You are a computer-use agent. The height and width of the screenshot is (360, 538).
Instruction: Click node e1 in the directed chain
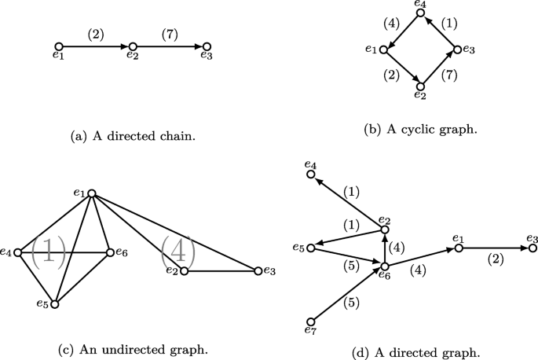[x=59, y=47]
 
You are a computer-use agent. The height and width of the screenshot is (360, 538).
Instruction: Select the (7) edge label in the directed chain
[x=170, y=35]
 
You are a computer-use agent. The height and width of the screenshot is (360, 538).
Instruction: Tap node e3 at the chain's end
[x=207, y=47]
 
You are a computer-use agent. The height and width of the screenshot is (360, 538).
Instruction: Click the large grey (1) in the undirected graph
[x=48, y=253]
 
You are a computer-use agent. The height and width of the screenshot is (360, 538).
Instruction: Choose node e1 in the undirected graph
[x=92, y=193]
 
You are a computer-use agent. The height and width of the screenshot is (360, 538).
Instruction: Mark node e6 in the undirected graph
[x=108, y=252]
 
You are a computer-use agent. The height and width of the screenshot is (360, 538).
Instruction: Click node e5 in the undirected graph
[x=54, y=303]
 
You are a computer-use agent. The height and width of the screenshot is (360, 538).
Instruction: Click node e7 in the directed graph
[x=311, y=321]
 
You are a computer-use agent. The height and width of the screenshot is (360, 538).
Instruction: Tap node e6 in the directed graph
[x=384, y=266]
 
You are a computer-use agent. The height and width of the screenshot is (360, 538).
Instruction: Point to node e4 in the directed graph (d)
[x=311, y=174]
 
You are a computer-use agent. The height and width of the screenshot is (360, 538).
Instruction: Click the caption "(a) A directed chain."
[x=133, y=136]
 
